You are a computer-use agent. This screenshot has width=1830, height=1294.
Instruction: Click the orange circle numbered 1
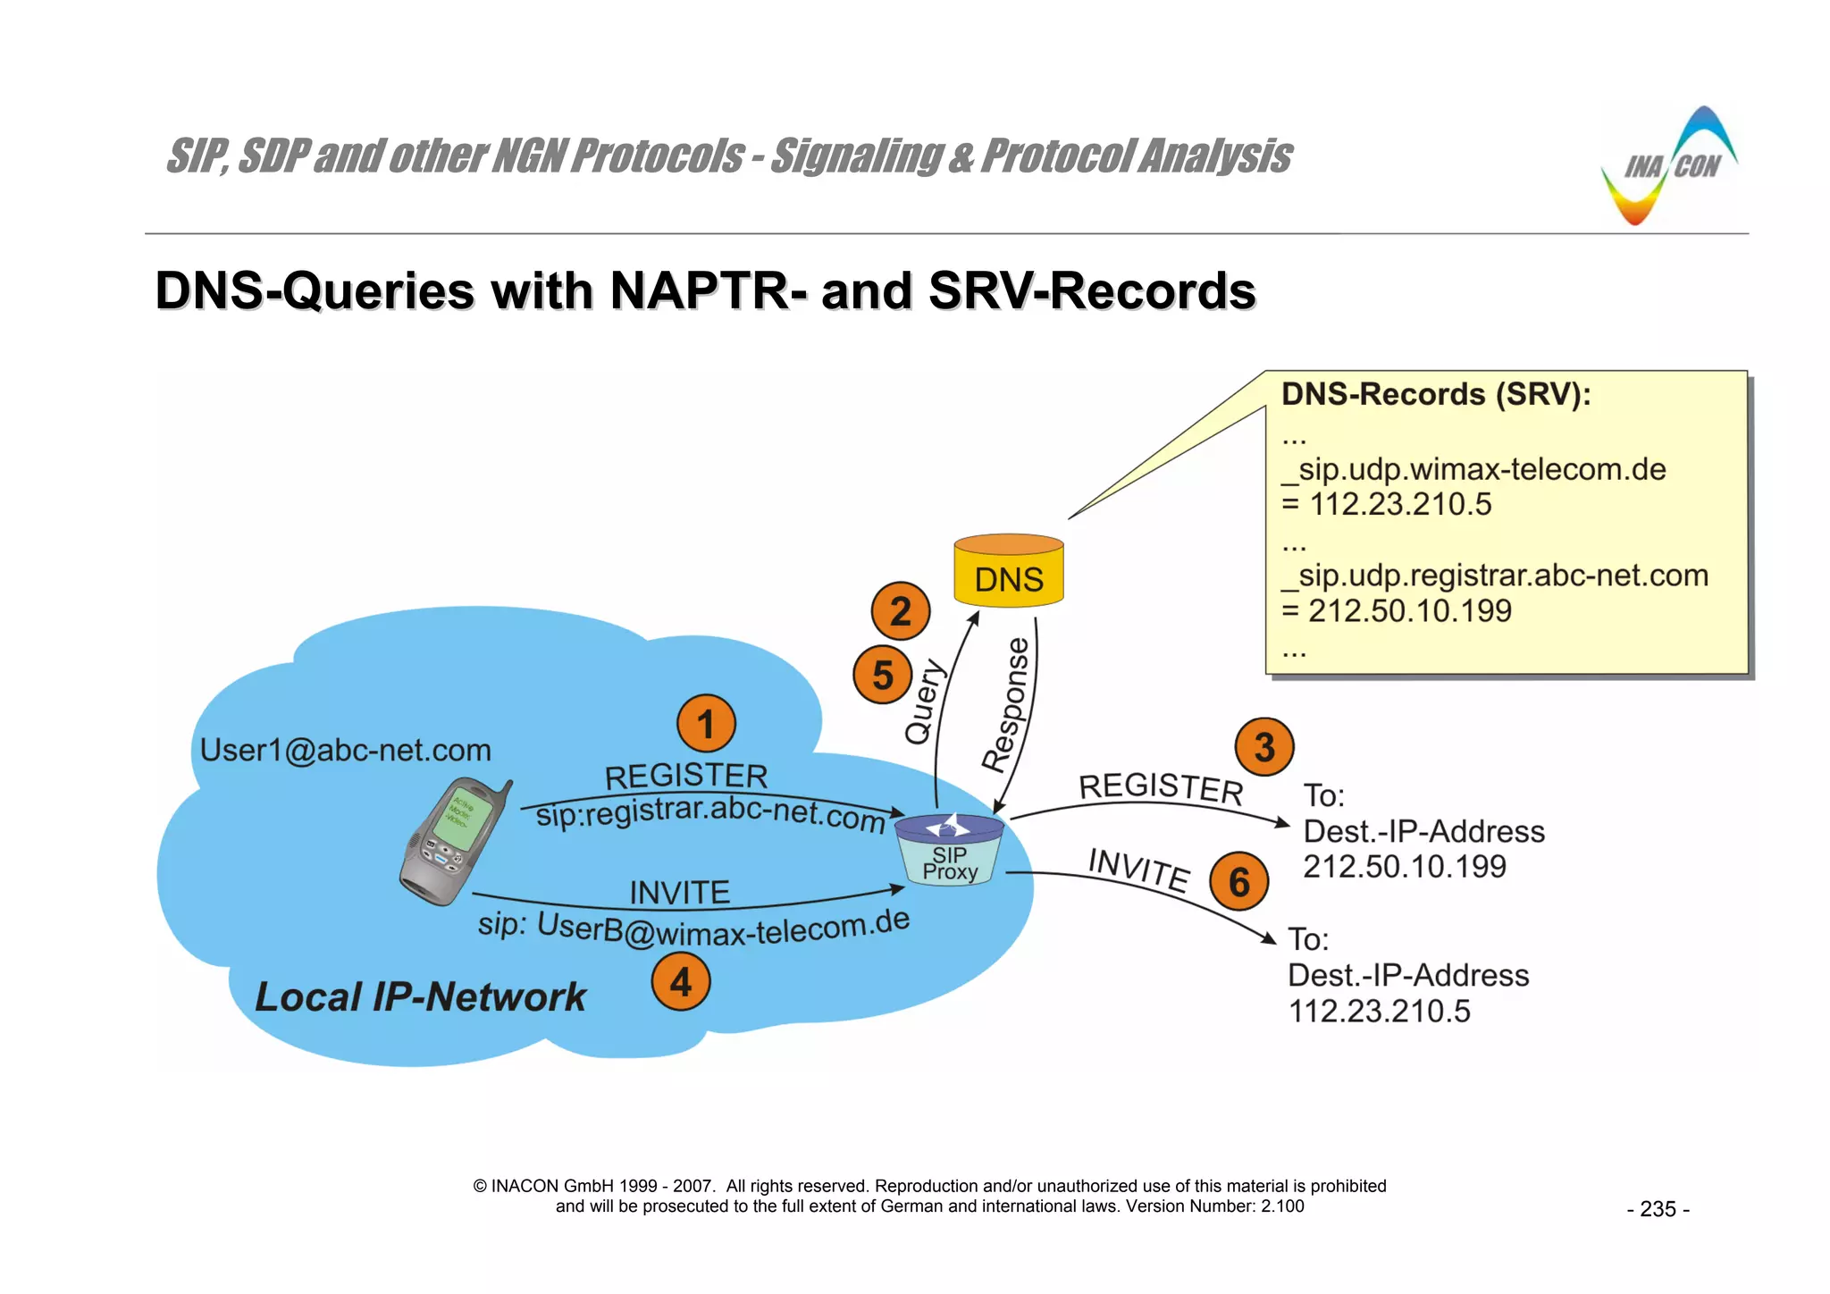tap(706, 724)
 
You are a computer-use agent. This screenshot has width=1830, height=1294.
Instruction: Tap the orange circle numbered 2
tap(900, 611)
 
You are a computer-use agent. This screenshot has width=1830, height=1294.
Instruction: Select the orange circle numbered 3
tap(1263, 747)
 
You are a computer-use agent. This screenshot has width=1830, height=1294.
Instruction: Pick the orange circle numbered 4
tap(680, 982)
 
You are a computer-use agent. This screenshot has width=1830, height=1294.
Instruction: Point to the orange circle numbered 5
tap(882, 675)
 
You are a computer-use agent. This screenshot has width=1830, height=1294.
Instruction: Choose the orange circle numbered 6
tap(1238, 881)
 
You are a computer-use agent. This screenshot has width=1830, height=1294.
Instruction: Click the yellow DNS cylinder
tap(1008, 572)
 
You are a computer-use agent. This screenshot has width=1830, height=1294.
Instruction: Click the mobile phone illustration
tap(453, 840)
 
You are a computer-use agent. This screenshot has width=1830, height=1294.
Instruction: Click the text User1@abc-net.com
tap(345, 751)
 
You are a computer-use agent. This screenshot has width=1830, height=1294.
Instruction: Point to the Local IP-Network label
tap(420, 996)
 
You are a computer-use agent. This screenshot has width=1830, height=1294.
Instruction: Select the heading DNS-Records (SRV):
tap(1436, 394)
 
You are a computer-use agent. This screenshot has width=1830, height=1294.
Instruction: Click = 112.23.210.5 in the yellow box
tap(1386, 505)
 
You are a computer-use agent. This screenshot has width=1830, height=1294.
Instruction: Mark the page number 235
tap(1658, 1209)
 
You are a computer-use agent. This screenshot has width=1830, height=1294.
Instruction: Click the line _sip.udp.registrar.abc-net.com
tap(1495, 576)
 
